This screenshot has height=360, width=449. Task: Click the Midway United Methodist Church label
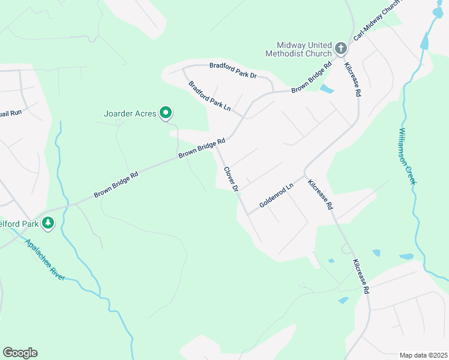[300, 49]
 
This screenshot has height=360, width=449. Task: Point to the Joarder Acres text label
[130, 113]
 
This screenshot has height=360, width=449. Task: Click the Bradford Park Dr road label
[233, 71]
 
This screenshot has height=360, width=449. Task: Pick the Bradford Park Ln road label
[209, 96]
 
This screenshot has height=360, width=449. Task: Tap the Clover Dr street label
[231, 179]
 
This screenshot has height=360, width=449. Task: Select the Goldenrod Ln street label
[276, 196]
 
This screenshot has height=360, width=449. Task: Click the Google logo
[20, 353]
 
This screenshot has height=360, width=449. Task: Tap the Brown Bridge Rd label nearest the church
[312, 77]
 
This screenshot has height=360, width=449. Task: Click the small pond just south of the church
[327, 89]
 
